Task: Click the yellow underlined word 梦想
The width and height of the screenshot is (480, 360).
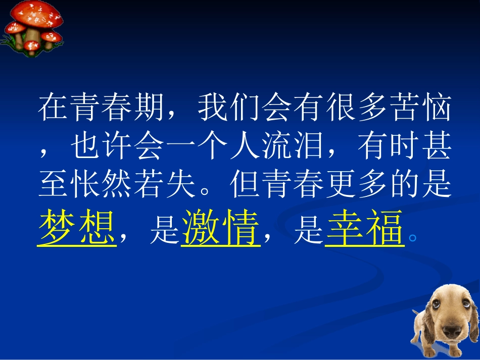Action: [76, 228]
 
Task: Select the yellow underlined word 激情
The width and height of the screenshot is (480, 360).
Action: [220, 228]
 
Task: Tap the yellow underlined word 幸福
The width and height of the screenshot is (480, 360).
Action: [364, 228]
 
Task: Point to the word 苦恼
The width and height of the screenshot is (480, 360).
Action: [419, 108]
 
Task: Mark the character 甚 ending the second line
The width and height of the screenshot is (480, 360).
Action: [435, 147]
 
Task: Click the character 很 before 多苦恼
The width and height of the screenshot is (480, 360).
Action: [339, 108]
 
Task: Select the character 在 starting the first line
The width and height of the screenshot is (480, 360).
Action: [53, 108]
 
